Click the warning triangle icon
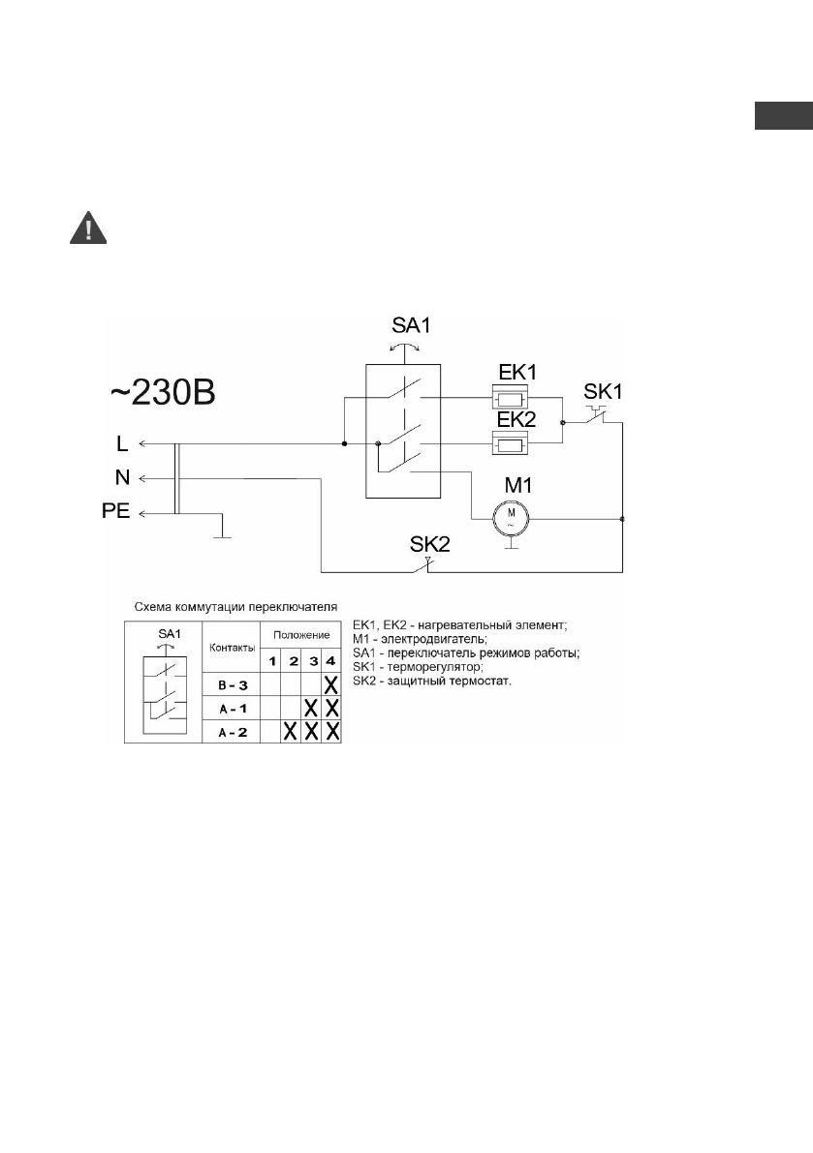coord(89,228)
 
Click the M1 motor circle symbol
coord(509,517)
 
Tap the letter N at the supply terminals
coord(118,477)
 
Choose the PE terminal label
coord(115,511)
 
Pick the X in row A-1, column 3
coord(312,709)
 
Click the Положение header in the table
coord(301,635)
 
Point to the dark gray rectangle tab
coord(782,115)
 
